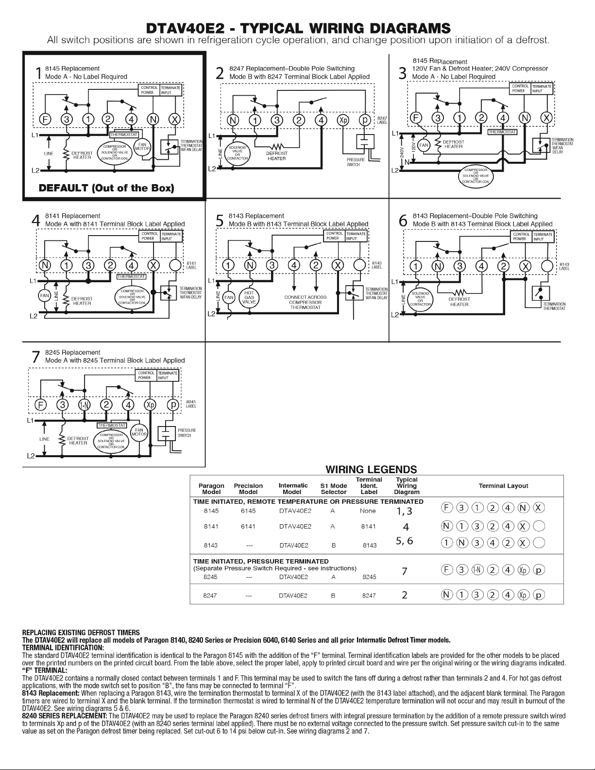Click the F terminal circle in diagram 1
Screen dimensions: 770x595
point(45,119)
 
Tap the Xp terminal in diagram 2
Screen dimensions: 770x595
point(343,120)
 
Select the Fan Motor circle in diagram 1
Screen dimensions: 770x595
point(143,147)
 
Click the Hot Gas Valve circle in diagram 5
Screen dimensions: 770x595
point(249,297)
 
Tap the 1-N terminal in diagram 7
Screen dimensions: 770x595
point(84,405)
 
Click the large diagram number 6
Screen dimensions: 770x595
point(403,221)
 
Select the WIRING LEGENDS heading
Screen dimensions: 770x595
point(371,469)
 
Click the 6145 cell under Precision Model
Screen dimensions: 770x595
point(248,511)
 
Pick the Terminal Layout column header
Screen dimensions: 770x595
point(503,486)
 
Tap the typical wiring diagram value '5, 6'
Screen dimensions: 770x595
point(405,541)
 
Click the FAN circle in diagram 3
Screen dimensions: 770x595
point(424,145)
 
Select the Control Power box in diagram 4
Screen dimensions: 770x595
point(148,236)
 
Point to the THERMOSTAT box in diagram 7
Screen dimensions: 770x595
point(112,425)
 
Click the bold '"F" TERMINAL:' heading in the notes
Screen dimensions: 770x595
point(45,671)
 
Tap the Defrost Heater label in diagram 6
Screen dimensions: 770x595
point(459,302)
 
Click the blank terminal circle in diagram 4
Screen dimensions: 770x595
point(175,265)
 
